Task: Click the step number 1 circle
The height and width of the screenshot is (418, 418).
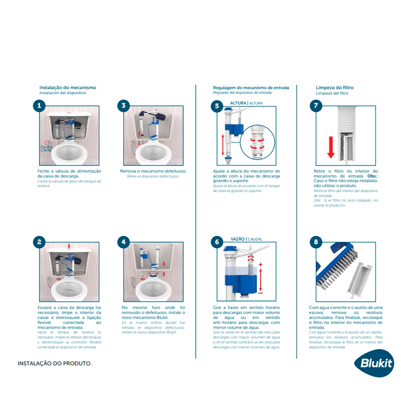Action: [39, 106]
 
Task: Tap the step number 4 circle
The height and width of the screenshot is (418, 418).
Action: [123, 242]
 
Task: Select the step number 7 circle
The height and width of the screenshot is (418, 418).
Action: [316, 106]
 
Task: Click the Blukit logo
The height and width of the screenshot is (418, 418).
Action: [375, 363]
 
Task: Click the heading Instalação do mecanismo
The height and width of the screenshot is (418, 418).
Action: [68, 87]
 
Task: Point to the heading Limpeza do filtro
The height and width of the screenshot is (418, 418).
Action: [334, 87]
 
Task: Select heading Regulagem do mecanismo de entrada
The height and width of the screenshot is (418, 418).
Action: [251, 87]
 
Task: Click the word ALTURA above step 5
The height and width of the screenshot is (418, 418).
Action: [238, 103]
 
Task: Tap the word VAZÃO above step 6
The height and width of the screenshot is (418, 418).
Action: [238, 239]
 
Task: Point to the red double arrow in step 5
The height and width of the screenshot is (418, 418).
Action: [223, 145]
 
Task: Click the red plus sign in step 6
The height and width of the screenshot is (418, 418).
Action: [261, 265]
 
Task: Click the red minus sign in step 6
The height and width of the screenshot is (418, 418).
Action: [261, 293]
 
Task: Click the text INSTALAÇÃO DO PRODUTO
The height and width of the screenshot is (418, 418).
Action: [55, 363]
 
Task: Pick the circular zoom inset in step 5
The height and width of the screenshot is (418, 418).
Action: [258, 142]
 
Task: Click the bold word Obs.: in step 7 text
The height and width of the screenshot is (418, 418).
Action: [372, 176]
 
